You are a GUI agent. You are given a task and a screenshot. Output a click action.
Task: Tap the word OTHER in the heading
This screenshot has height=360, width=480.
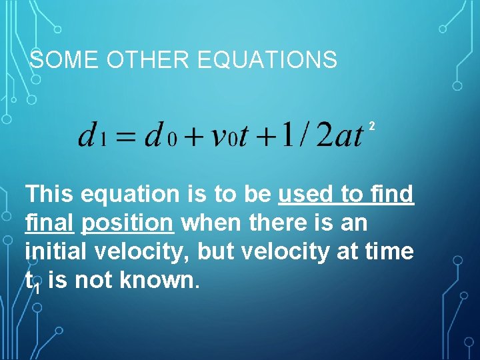(145, 61)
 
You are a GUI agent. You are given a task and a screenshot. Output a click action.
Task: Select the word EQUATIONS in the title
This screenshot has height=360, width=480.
(268, 61)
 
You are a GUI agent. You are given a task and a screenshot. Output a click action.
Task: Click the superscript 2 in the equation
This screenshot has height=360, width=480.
(372, 125)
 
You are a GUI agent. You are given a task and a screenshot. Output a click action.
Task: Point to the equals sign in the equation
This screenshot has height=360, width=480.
(125, 138)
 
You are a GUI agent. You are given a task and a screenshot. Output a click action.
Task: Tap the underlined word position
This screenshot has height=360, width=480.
(127, 223)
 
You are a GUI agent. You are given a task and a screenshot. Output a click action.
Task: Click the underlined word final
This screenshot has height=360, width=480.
(49, 223)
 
